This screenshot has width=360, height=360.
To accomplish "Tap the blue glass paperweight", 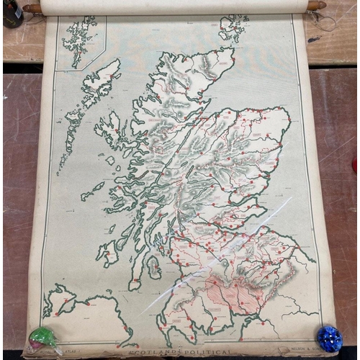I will coord(329,338).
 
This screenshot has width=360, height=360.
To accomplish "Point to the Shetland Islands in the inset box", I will coord(78,42).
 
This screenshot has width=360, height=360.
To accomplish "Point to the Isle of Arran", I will coord(153,267).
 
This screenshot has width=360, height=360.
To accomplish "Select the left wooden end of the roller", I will coord(32,9).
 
